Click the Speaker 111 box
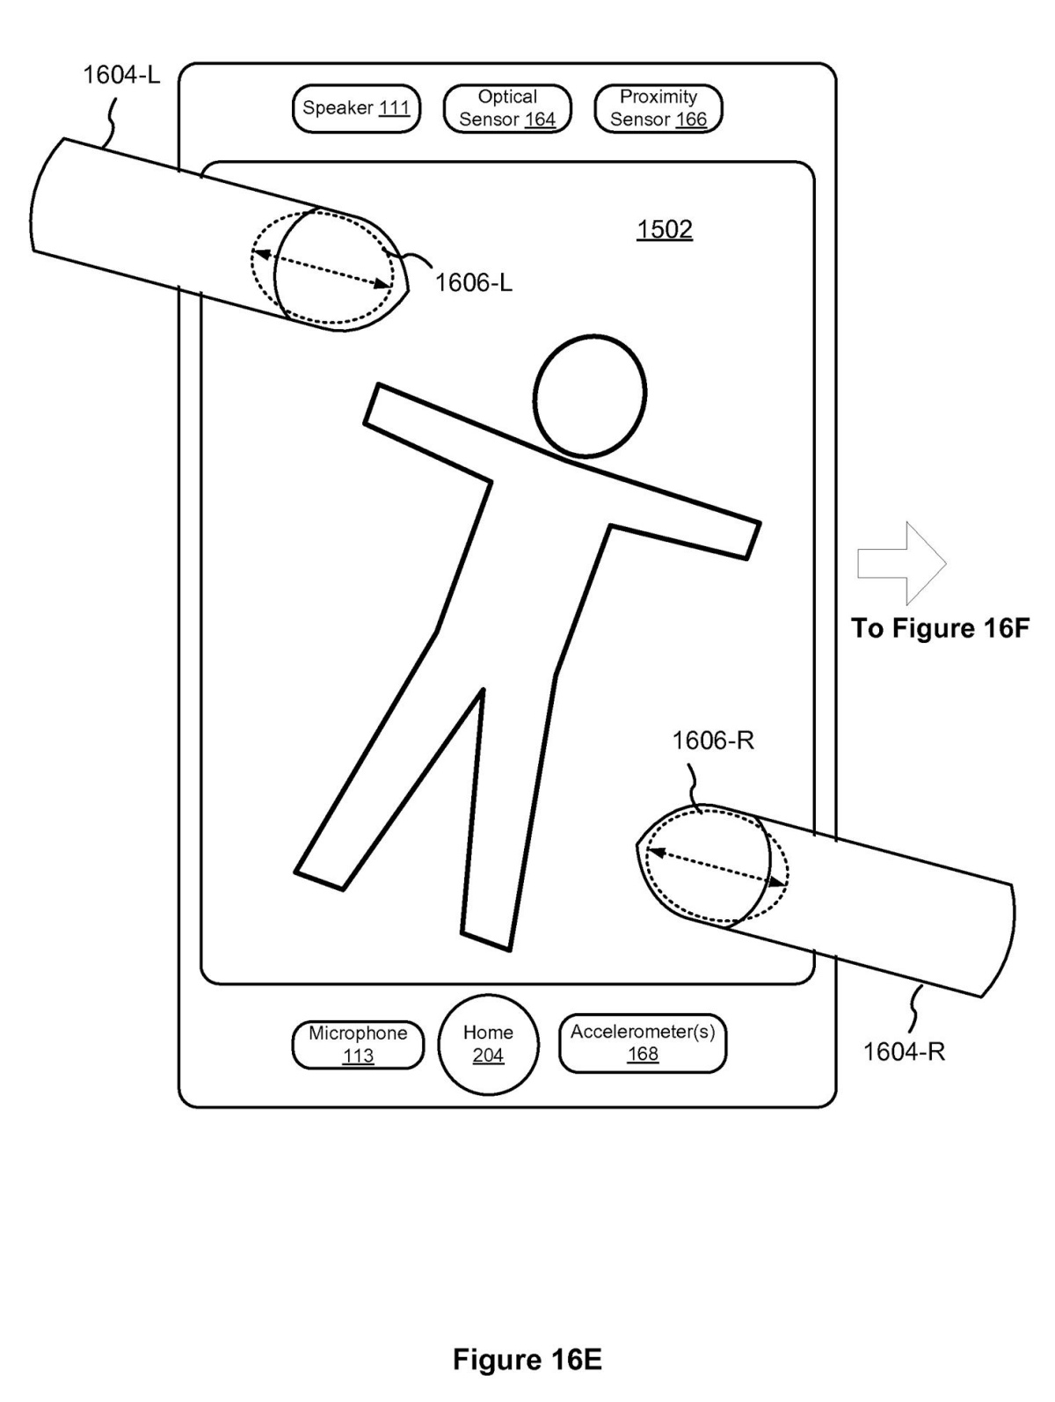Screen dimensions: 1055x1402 tap(356, 108)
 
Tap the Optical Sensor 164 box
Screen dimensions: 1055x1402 tap(507, 108)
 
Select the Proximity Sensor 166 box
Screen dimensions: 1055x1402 tap(658, 108)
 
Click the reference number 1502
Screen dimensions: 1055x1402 tap(665, 230)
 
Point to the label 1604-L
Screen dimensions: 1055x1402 tap(121, 75)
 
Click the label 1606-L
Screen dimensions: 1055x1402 tap(474, 282)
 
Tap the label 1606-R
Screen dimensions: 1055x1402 tap(713, 741)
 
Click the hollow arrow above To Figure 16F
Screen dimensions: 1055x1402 tap(901, 564)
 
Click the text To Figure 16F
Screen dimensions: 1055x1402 tap(940, 629)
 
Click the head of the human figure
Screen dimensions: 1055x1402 tap(590, 396)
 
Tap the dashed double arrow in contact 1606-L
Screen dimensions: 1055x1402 tap(323, 269)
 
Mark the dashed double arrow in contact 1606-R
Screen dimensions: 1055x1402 tap(717, 866)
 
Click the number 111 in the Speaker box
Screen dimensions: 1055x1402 tap(395, 108)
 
